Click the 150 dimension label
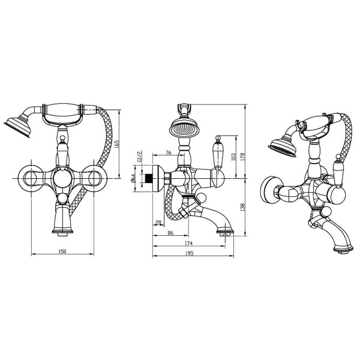click(x=62, y=251)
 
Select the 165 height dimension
click(x=116, y=144)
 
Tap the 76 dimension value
click(x=168, y=152)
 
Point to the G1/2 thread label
click(x=140, y=156)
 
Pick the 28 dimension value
click(x=158, y=222)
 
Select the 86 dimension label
click(x=170, y=233)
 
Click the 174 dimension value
click(x=188, y=243)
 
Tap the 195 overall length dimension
click(x=189, y=253)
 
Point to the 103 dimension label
click(x=233, y=157)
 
